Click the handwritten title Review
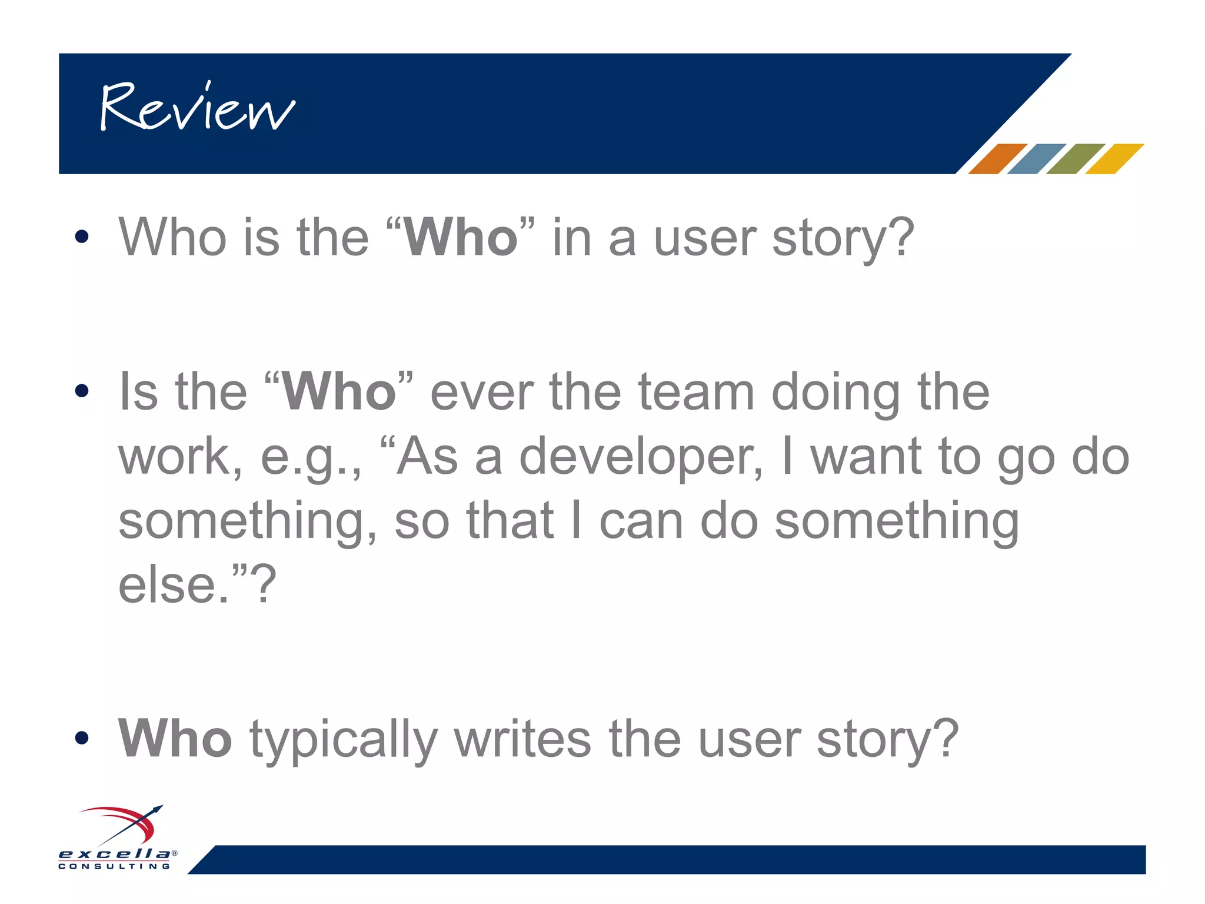pyautogui.click(x=197, y=107)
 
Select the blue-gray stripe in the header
pyautogui.click(x=1036, y=159)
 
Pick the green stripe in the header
pyautogui.click(x=1074, y=159)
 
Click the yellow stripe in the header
pyautogui.click(x=1113, y=159)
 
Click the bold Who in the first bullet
pyautogui.click(x=460, y=237)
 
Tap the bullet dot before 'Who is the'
pyautogui.click(x=82, y=237)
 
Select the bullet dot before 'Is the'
pyautogui.click(x=82, y=391)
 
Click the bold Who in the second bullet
pyautogui.click(x=339, y=392)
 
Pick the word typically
pyautogui.click(x=344, y=740)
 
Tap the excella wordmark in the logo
pyautogui.click(x=115, y=853)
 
